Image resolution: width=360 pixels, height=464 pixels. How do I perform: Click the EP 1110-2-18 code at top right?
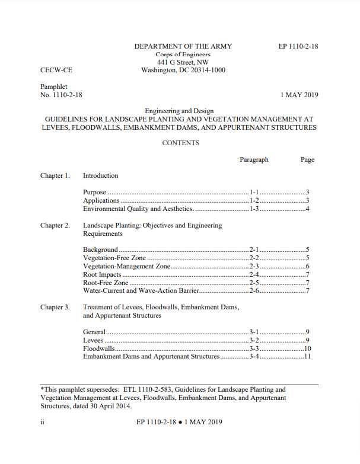[x=298, y=46]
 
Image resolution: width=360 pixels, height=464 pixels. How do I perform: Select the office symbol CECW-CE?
[x=56, y=70]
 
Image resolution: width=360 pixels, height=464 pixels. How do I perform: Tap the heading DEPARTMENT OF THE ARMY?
[x=183, y=46]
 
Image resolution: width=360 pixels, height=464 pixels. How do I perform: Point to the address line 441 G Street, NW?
[x=183, y=62]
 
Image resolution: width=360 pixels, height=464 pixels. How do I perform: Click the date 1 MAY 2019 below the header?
[x=299, y=95]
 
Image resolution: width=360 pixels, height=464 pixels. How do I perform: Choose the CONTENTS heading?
[x=181, y=143]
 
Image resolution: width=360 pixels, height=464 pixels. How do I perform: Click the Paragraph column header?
[x=254, y=159]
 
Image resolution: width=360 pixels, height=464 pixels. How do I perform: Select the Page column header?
[x=307, y=159]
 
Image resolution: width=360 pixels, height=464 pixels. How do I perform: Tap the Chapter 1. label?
[x=55, y=175]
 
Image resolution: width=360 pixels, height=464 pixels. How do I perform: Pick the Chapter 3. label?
[x=55, y=307]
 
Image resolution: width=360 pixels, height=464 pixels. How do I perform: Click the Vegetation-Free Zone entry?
[x=114, y=258]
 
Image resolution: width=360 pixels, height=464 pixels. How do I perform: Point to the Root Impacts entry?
[x=102, y=275]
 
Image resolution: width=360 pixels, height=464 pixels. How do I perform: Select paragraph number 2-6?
[x=254, y=291]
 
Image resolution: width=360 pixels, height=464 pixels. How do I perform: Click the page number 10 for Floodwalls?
[x=307, y=349]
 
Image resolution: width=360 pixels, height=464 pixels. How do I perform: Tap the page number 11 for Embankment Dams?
[x=307, y=357]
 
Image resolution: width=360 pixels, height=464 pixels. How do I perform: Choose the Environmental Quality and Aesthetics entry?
[x=138, y=209]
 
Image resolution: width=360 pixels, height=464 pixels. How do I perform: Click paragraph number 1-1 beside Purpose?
[x=254, y=193]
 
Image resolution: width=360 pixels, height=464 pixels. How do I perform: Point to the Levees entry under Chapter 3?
[x=93, y=341]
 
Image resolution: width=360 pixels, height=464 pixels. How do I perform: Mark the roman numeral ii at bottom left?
[x=43, y=422]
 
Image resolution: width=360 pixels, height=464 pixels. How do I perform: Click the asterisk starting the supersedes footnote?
[x=42, y=389]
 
